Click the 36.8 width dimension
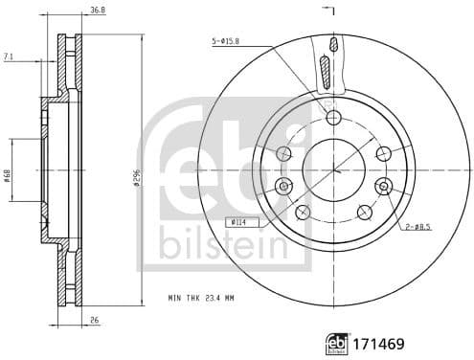(97, 11)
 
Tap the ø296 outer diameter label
(138, 178)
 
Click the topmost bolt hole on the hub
(333, 118)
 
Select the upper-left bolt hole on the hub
(283, 152)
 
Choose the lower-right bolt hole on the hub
(364, 212)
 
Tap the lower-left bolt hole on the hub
(303, 212)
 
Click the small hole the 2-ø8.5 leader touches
(383, 185)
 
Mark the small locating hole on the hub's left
(283, 185)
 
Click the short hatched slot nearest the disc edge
(332, 44)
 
